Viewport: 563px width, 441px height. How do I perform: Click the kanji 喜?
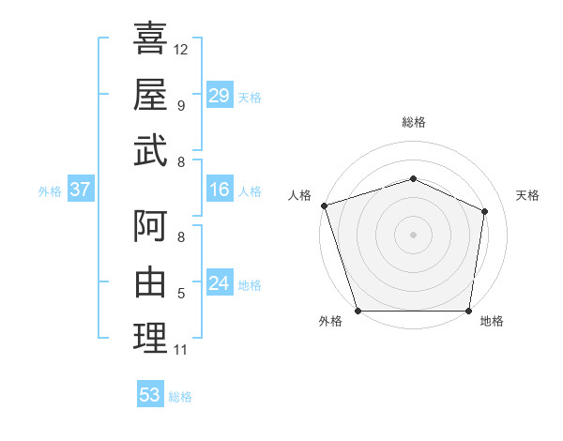150,38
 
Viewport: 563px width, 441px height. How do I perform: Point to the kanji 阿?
150,226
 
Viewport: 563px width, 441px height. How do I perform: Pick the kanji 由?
150,281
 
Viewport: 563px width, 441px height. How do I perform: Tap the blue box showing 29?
219,95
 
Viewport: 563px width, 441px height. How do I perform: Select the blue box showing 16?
219,190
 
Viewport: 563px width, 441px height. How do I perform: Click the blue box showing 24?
219,283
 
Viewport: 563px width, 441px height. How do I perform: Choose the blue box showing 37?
80,190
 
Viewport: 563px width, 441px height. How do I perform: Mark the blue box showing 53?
150,395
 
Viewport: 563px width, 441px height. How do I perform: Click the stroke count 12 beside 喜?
181,50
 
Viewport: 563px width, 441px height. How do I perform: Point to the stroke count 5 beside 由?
181,294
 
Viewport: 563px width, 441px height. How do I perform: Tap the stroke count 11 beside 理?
181,350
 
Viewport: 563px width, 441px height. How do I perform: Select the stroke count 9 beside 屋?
181,106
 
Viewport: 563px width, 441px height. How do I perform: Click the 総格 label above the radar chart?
414,122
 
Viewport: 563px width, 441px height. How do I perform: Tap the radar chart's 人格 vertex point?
324,205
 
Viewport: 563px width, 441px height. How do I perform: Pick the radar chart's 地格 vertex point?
469,311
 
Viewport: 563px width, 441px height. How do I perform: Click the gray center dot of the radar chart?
413,234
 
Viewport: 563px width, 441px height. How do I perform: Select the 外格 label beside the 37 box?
49,190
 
